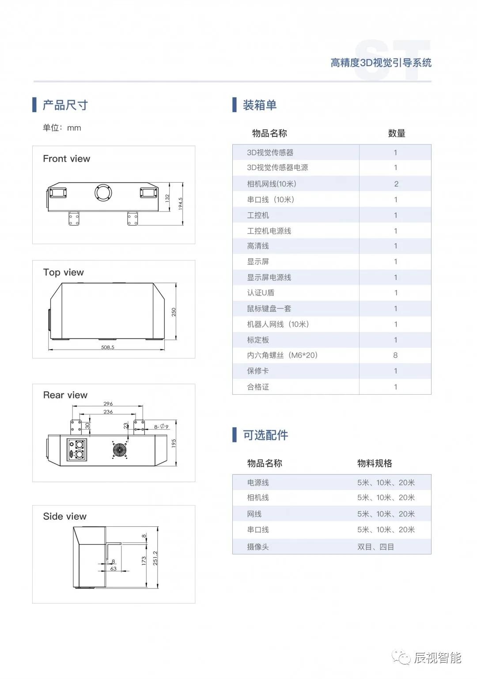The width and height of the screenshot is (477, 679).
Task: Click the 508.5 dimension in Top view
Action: pyautogui.click(x=107, y=347)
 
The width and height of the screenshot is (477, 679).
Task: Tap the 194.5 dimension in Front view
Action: pyautogui.click(x=180, y=203)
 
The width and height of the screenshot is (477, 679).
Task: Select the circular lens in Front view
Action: pyautogui.click(x=103, y=192)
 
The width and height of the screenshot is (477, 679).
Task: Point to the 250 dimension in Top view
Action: pyautogui.click(x=174, y=312)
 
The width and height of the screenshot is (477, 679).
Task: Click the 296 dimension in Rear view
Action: pyautogui.click(x=108, y=404)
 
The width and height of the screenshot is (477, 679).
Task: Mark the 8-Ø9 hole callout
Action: pyautogui.click(x=161, y=426)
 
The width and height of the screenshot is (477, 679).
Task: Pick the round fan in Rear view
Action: pyautogui.click(x=119, y=450)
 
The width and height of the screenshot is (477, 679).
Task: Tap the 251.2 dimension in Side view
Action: pyautogui.click(x=155, y=558)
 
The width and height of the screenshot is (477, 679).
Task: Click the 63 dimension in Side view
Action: pyautogui.click(x=114, y=569)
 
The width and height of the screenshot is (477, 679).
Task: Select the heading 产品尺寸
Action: pyautogui.click(x=65, y=105)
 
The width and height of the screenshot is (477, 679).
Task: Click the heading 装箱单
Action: pyautogui.click(x=260, y=105)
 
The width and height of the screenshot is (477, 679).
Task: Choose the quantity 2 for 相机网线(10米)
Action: pyautogui.click(x=396, y=184)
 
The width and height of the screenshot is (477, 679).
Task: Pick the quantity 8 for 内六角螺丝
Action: pyautogui.click(x=395, y=355)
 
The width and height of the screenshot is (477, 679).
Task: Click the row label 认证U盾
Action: pyautogui.click(x=261, y=293)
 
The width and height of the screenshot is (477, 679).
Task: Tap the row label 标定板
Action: pyautogui.click(x=258, y=339)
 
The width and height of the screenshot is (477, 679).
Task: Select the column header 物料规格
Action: pyautogui.click(x=375, y=463)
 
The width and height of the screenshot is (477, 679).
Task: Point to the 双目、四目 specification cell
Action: pyautogui.click(x=375, y=547)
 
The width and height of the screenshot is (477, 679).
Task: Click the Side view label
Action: pyautogui.click(x=65, y=516)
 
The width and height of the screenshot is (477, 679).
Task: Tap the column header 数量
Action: pyautogui.click(x=397, y=133)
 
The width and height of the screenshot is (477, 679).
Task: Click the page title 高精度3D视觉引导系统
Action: pyautogui.click(x=381, y=63)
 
